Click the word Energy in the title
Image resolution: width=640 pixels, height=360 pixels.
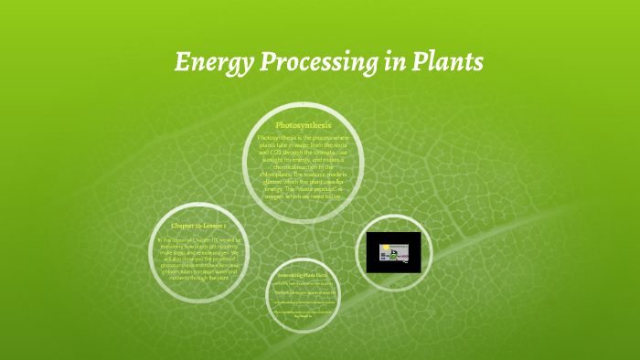point(208,63)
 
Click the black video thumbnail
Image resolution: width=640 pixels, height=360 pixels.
point(393,251)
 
